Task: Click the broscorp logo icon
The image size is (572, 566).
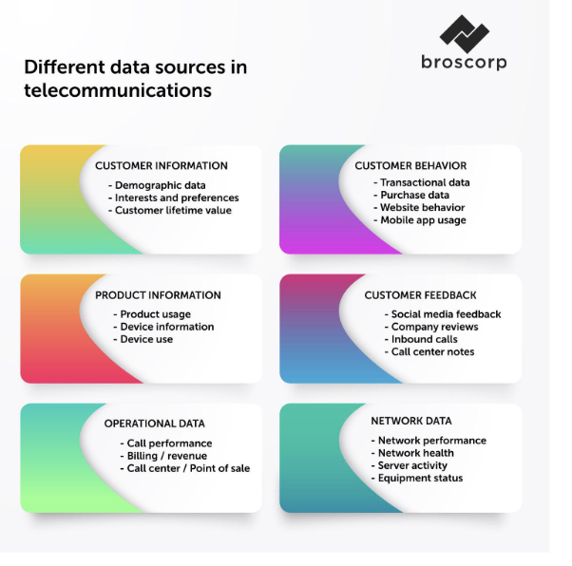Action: (464, 33)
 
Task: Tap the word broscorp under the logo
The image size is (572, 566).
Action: (464, 63)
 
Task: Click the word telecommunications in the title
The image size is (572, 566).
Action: (118, 90)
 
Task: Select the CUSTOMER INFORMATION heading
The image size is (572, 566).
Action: (162, 166)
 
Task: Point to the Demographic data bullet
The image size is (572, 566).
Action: (157, 185)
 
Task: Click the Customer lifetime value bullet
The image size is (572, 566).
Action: (170, 211)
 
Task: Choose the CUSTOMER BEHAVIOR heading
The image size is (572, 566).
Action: (410, 166)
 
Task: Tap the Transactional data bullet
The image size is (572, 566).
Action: (422, 182)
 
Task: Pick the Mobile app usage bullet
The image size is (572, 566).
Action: (420, 220)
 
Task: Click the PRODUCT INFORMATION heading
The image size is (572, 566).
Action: (158, 295)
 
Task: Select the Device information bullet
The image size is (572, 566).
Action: (163, 327)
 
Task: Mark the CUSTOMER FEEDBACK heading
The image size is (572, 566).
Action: (420, 295)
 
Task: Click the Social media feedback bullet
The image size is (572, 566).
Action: (443, 314)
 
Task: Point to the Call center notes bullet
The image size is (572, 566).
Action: (429, 352)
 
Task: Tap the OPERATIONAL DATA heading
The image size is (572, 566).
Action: (155, 424)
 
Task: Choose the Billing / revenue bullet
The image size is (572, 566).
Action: (163, 456)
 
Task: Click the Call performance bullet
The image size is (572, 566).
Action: (166, 443)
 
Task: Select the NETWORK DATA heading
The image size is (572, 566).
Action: (411, 421)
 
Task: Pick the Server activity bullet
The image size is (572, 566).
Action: (410, 465)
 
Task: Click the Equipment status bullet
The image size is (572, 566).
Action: (417, 478)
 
